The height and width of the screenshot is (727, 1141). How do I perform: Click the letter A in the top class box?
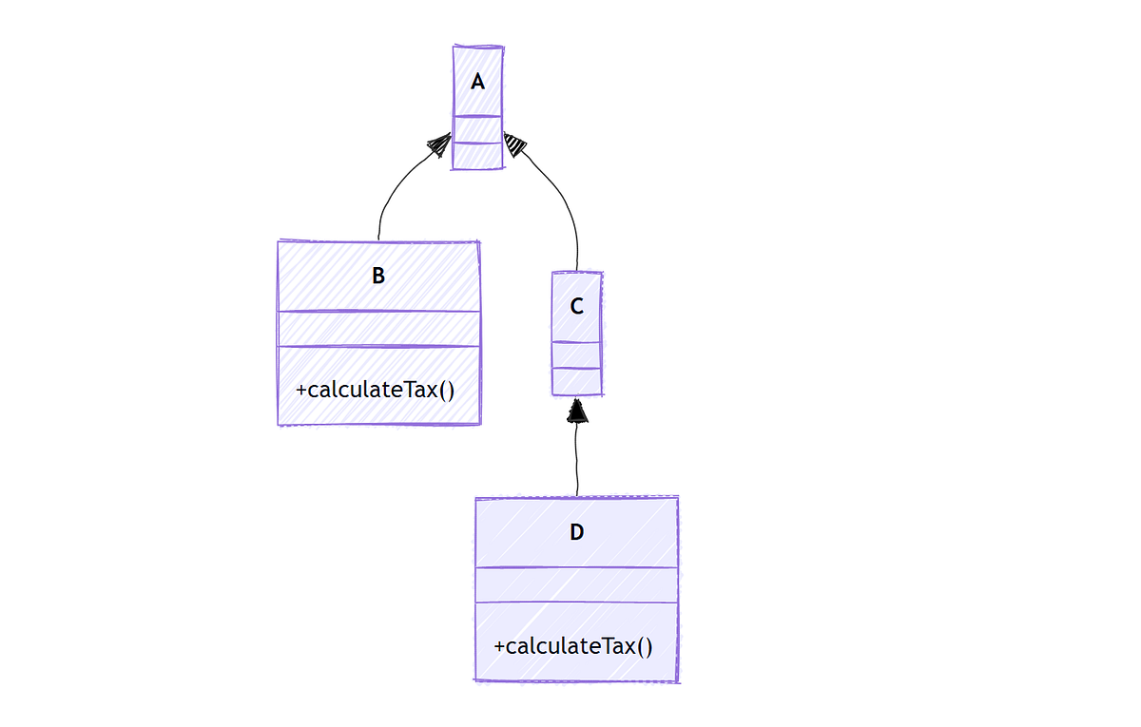tap(477, 83)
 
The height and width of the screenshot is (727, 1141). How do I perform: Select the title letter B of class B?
tap(378, 277)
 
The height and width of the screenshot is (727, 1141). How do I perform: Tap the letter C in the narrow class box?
tap(576, 307)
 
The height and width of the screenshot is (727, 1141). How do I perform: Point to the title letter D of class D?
tap(576, 532)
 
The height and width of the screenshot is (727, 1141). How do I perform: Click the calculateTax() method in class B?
tap(378, 390)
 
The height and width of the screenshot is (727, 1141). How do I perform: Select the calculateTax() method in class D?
tap(573, 646)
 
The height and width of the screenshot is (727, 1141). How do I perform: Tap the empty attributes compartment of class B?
tap(378, 329)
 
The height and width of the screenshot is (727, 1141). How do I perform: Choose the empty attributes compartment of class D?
tap(576, 584)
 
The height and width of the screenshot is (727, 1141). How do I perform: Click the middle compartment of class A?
tap(477, 129)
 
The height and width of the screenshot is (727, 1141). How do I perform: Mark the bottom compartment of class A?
tap(477, 156)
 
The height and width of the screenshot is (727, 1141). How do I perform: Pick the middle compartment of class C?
tap(576, 354)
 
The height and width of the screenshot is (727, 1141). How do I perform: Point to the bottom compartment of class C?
tap(576, 381)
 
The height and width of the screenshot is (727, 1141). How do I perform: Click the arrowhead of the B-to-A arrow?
tap(440, 143)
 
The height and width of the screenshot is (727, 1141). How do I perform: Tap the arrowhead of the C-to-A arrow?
tap(514, 143)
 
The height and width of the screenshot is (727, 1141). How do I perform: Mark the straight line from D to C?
tap(576, 461)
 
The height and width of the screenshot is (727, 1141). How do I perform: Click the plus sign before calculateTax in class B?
tap(301, 391)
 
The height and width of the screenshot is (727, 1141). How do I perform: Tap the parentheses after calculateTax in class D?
tap(645, 646)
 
